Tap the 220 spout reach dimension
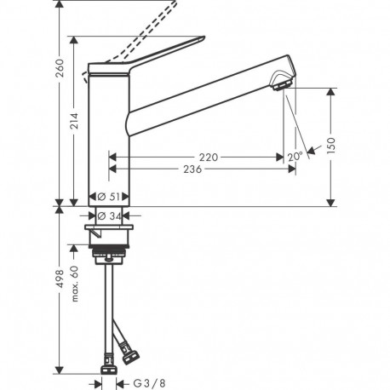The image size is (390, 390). pos(207,157)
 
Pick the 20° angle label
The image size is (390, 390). pos(295,157)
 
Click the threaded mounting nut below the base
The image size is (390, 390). pos(110,251)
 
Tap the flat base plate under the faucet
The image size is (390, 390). pos(110,229)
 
